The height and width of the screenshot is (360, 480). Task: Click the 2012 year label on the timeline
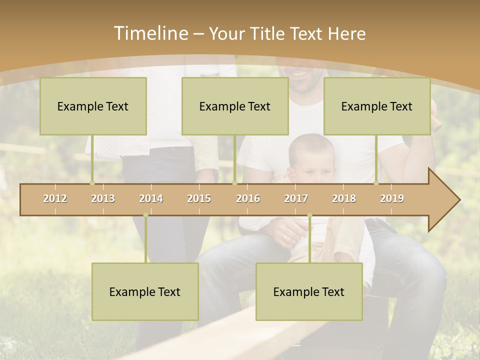55,198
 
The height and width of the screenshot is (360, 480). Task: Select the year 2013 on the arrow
103,198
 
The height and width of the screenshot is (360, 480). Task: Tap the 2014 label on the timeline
151,198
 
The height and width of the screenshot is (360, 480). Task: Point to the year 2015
199,198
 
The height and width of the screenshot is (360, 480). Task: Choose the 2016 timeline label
248,198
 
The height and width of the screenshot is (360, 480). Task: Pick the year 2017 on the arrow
296,198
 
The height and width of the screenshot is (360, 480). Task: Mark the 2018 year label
344,198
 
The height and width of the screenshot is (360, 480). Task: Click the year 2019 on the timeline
392,198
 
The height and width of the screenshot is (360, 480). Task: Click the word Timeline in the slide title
150,33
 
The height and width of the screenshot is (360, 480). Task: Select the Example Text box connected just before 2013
93,106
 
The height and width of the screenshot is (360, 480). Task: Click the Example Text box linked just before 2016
235,106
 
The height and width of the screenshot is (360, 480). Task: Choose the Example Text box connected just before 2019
377,106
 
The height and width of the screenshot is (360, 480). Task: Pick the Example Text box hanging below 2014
145,291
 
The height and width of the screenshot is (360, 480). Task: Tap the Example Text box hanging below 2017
309,291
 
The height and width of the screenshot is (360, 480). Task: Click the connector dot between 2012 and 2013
92,183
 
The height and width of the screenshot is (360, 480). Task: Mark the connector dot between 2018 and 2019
376,183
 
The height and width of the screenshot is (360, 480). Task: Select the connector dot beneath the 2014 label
145,215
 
